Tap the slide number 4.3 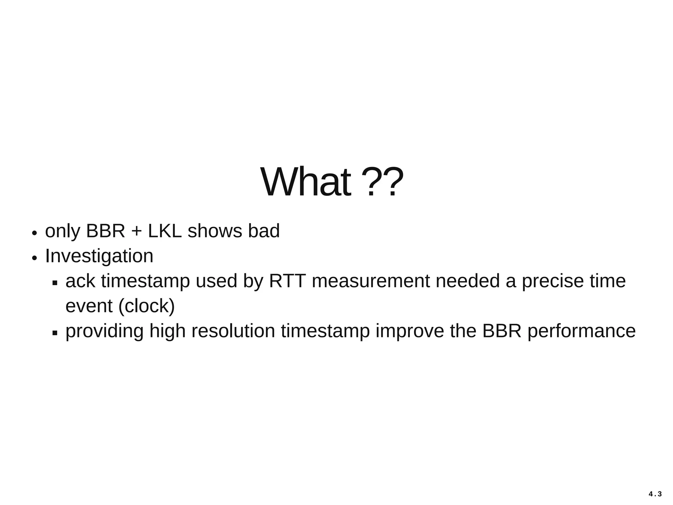pos(655,494)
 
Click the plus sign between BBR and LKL pos(136,231)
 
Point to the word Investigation pos(99,256)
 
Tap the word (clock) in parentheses pos(146,306)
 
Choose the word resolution pos(233,331)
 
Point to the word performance pos(581,331)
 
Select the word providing pos(104,331)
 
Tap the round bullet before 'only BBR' pos(34,233)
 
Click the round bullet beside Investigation pos(34,258)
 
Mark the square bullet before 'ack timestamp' pos(55,283)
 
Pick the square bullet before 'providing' pos(55,333)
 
